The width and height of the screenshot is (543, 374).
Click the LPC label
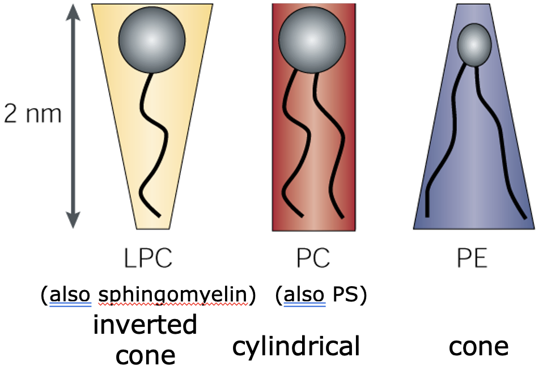pos(148,259)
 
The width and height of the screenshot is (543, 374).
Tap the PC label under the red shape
pos(313,259)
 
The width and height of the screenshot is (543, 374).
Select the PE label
pos(472,259)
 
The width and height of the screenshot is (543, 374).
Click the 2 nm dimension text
pos(32,114)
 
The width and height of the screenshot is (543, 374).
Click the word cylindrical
pos(296,346)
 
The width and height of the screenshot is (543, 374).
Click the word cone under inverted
pos(145,355)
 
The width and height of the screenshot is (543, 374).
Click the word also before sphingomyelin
pos(70,295)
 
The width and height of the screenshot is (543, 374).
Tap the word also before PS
pos(305,295)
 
